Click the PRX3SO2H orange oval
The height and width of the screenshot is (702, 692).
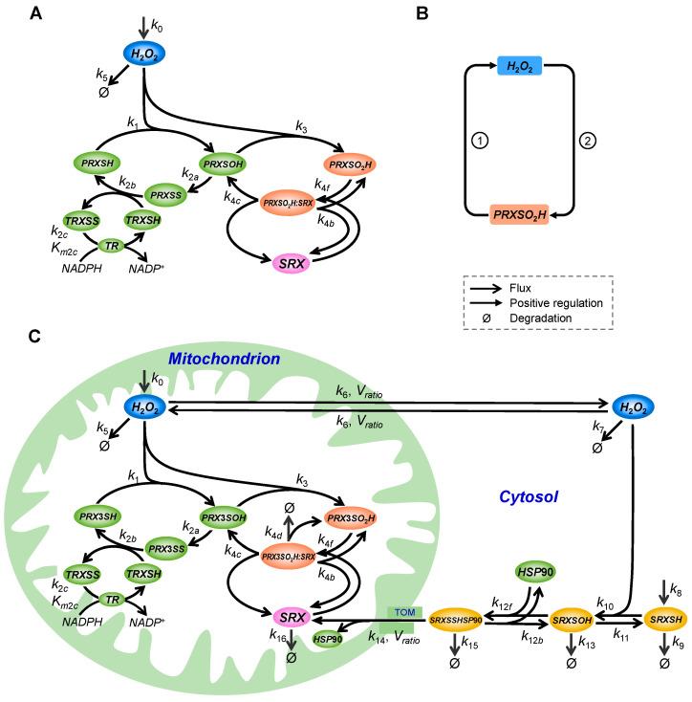(x=349, y=517)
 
